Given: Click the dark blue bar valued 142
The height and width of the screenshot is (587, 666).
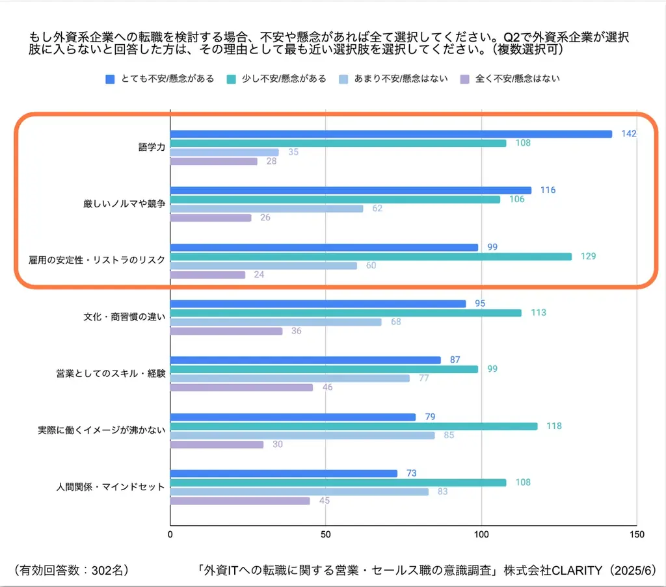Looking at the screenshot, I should click(390, 134).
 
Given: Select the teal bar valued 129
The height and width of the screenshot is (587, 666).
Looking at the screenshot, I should click(371, 256).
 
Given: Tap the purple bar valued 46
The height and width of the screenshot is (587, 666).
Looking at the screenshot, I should click(241, 387).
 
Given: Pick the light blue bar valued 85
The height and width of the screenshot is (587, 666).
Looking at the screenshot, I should click(302, 436).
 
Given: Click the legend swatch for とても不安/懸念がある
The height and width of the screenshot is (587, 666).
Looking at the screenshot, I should click(111, 79).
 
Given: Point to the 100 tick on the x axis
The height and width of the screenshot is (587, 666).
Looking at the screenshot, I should click(481, 534).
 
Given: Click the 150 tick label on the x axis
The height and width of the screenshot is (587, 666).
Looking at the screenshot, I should click(637, 534).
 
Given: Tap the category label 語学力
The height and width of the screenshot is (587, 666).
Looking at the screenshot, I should click(148, 148).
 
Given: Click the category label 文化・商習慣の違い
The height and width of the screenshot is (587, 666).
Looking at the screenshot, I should click(124, 317).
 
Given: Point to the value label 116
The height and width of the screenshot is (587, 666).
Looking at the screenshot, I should click(548, 190).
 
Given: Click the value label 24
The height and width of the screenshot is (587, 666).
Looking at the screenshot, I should click(259, 275).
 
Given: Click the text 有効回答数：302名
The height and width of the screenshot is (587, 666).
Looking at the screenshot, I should click(70, 570).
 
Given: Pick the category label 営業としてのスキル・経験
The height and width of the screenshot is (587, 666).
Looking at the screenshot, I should click(111, 374).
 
